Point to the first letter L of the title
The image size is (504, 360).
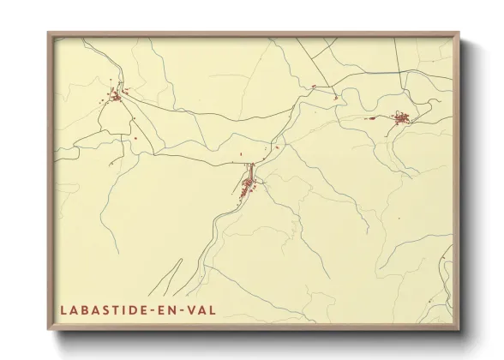tap(63, 308)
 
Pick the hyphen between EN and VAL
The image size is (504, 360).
tap(189, 309)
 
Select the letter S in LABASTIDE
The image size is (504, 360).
tap(106, 308)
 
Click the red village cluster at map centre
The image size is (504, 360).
tap(248, 184)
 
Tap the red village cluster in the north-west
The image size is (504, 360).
tap(115, 97)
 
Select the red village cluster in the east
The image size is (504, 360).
tap(401, 118)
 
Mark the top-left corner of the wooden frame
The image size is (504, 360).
tap(49, 33)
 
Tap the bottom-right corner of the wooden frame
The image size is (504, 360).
tap(459, 330)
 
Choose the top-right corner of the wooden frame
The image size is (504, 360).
tap(459, 33)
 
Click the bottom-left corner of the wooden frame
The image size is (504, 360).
tap(49, 330)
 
